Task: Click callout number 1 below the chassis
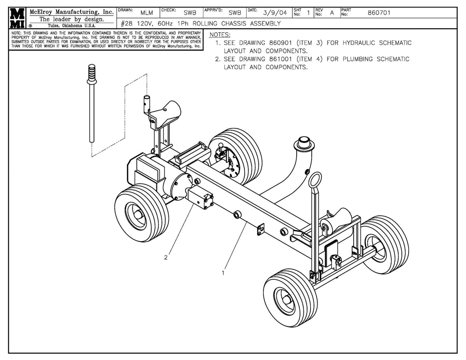pos(223,273)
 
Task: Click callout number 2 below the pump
pos(166,258)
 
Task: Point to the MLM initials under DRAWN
pos(147,13)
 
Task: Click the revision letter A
pos(332,13)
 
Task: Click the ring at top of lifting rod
pos(314,179)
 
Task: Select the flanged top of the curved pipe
pos(304,144)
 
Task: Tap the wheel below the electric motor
pos(141,213)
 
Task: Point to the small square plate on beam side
pos(261,229)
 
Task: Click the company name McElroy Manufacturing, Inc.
pos(71,11)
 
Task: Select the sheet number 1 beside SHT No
pos(308,13)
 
